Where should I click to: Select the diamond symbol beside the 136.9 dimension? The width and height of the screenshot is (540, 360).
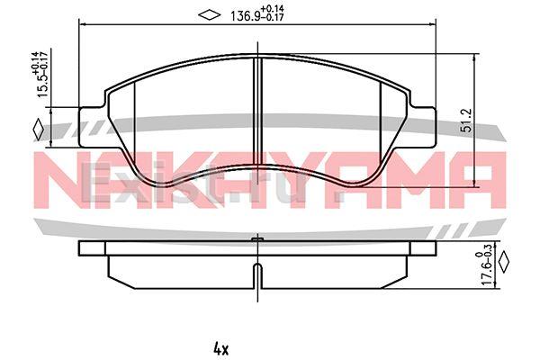(x=209, y=14)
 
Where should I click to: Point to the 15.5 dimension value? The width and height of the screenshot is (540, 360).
(x=41, y=89)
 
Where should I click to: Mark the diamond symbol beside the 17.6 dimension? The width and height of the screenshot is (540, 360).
(x=504, y=263)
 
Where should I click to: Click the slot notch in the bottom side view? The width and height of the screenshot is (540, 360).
(x=257, y=277)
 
